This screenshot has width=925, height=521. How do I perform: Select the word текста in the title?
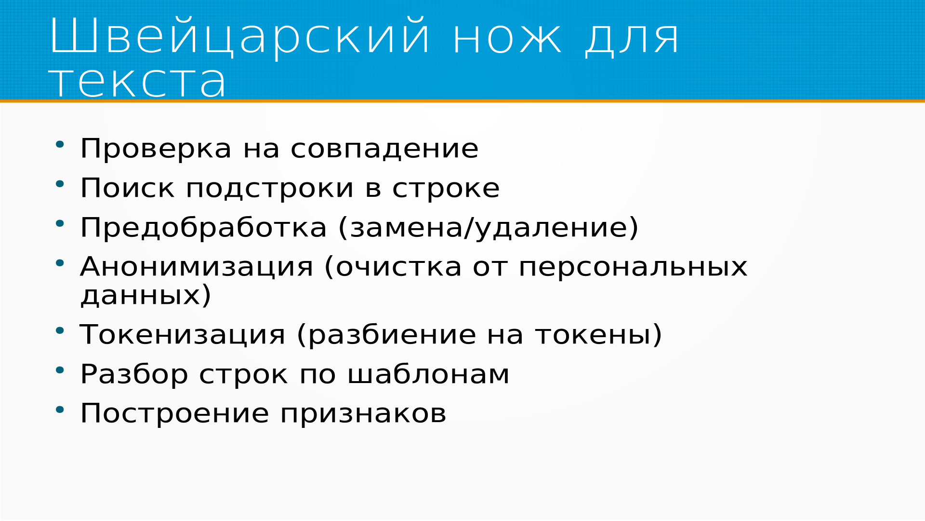(x=137, y=82)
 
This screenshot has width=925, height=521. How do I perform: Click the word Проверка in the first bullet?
(x=156, y=148)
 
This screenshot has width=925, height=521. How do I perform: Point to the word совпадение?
(x=384, y=149)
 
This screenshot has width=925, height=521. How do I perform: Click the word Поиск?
(x=127, y=188)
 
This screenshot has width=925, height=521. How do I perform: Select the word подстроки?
(x=270, y=189)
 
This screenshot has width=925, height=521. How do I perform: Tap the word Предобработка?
(x=203, y=227)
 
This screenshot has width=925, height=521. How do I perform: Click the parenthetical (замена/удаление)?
(x=489, y=228)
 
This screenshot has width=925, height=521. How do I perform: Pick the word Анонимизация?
(x=197, y=267)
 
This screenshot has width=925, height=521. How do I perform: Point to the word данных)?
(x=146, y=295)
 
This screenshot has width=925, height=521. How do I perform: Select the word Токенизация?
(x=183, y=335)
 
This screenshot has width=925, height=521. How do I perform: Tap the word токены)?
(x=599, y=335)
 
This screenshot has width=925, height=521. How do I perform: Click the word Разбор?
(x=134, y=374)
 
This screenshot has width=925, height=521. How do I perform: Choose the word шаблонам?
(x=428, y=374)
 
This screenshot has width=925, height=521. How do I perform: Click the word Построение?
(x=174, y=413)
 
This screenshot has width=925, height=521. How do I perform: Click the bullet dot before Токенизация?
(x=60, y=331)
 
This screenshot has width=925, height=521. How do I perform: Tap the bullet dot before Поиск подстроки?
(x=60, y=184)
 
